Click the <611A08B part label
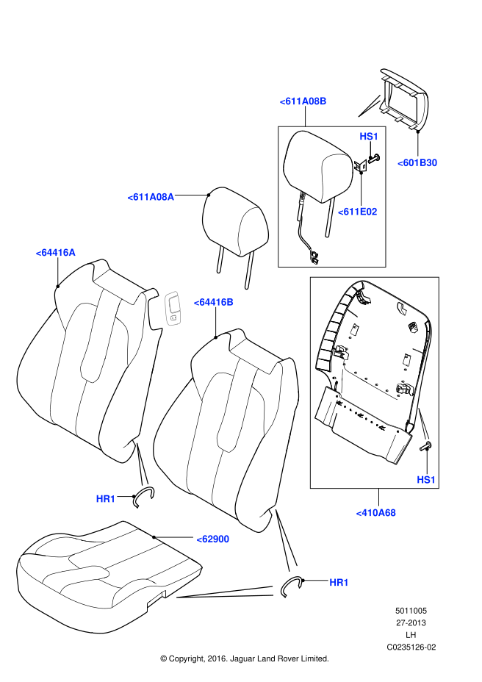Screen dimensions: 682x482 tap(303, 101)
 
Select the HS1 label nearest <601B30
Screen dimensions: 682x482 tap(369, 137)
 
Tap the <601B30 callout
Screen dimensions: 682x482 tap(417, 163)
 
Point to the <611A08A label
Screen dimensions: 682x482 tap(151, 197)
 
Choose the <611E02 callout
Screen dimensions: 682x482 tap(357, 212)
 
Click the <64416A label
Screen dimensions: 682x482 tap(55, 253)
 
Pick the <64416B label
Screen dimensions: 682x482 tap(213, 302)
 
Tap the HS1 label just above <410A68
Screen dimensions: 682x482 tap(426, 480)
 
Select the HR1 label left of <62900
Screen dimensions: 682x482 tap(106, 499)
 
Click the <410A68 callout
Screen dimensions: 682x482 tap(375, 513)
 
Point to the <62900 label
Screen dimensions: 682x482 tap(213, 539)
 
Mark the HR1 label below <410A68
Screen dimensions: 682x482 tap(339, 583)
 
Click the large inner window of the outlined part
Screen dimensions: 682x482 tap(174, 304)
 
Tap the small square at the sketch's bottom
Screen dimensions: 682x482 tap(173, 317)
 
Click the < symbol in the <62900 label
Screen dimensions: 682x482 tap(199, 540)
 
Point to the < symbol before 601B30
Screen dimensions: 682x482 tap(400, 164)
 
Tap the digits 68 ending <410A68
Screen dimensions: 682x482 tap(389, 513)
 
